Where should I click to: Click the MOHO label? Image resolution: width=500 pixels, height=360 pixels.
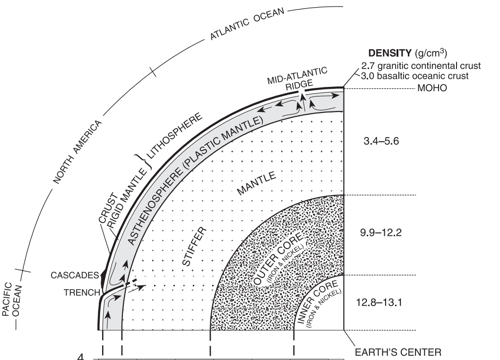click(x=429, y=88)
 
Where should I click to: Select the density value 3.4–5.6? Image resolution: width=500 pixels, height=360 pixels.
click(x=379, y=141)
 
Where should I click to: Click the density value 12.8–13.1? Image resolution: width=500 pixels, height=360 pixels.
click(x=379, y=303)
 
